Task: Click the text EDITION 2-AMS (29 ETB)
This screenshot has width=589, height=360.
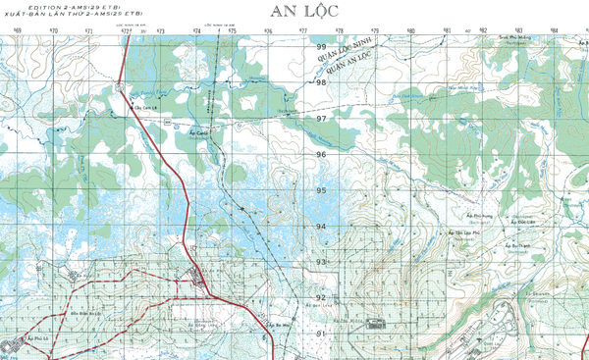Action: (43, 7)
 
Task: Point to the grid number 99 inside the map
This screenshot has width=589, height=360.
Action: (321, 47)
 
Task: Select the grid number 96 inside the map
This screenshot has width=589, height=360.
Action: (321, 155)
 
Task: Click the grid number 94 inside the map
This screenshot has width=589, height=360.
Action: (321, 227)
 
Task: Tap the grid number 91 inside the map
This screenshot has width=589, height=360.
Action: (321, 334)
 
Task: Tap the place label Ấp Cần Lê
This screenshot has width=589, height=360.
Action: (145, 109)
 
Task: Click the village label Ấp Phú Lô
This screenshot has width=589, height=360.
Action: (39, 335)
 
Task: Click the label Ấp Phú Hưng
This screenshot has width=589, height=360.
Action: (481, 217)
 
